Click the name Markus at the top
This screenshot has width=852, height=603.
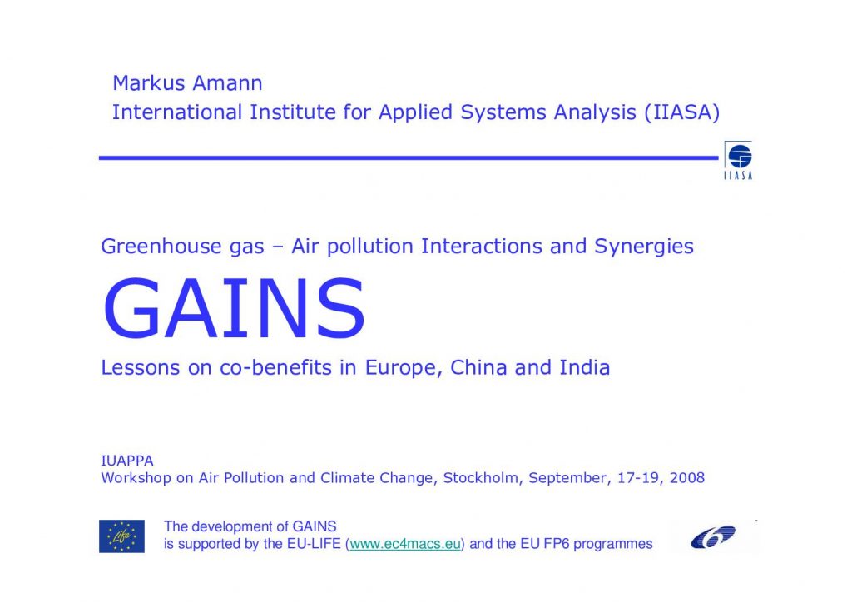click(x=148, y=83)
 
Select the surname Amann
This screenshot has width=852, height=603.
click(x=227, y=83)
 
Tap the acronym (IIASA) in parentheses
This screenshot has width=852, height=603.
click(x=682, y=112)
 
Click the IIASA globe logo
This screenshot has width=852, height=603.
click(x=739, y=160)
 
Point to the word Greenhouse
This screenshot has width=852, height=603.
click(x=161, y=247)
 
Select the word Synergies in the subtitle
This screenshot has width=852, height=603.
click(x=643, y=247)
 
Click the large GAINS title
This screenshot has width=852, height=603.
click(x=234, y=309)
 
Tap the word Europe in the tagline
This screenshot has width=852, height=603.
click(x=401, y=368)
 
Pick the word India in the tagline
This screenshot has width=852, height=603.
click(x=585, y=367)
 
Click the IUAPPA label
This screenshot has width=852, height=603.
click(x=127, y=461)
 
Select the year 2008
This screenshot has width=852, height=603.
click(x=686, y=478)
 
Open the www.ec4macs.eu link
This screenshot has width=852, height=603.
click(x=405, y=544)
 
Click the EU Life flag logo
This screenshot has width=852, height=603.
click(x=121, y=536)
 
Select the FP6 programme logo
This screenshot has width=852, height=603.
click(x=713, y=536)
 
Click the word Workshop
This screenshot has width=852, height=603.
click(x=136, y=478)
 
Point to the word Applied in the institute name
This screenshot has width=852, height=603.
click(x=415, y=113)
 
